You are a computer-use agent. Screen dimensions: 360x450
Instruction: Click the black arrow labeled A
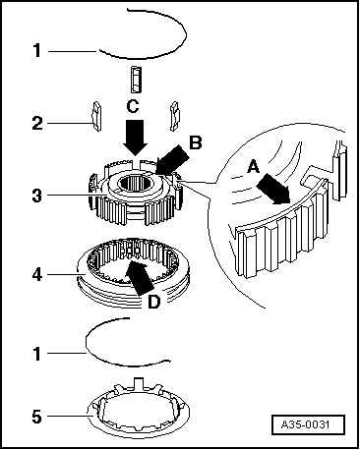(273, 189)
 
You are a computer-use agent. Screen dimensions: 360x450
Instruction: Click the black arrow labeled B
(173, 159)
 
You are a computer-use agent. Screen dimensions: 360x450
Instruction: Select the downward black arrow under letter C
(135, 138)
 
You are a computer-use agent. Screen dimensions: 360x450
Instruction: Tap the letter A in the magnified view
(254, 167)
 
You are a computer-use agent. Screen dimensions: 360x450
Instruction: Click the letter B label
(196, 142)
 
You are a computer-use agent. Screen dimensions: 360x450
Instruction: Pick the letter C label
(133, 106)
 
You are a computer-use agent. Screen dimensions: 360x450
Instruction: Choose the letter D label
(153, 302)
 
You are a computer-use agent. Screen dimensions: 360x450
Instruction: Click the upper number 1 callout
(37, 51)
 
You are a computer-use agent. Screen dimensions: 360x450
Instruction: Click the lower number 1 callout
(37, 354)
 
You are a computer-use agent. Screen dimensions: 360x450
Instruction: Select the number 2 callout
(37, 124)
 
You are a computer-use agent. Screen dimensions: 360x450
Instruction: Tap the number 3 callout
(37, 196)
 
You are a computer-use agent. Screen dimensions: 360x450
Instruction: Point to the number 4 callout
(37, 275)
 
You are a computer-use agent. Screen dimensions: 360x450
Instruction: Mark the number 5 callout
(37, 417)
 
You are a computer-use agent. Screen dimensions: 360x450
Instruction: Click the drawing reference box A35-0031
(308, 424)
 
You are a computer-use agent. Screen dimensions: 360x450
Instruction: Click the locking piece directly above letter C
(136, 80)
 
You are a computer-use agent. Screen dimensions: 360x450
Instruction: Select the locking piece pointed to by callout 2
(96, 116)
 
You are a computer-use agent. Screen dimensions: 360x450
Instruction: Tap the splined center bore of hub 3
(134, 183)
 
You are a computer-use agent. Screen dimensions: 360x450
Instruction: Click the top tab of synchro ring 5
(139, 383)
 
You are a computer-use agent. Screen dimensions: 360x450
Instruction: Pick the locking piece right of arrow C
(175, 116)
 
